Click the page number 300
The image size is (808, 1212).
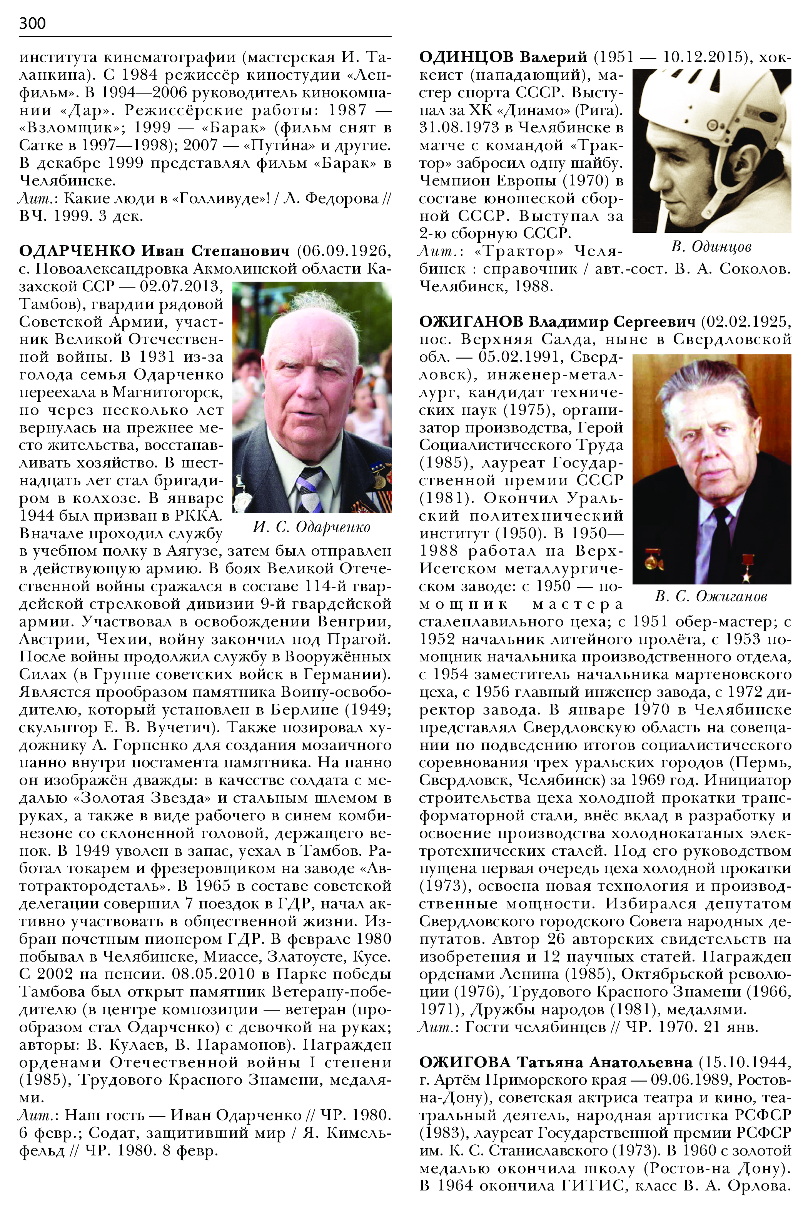[32, 23]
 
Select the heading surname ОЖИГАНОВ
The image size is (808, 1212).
[471, 322]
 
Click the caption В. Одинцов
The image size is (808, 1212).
[711, 247]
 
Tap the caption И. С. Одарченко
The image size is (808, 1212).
[311, 527]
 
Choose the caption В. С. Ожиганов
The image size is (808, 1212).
[711, 597]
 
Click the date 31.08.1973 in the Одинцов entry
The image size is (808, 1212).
[459, 127]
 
